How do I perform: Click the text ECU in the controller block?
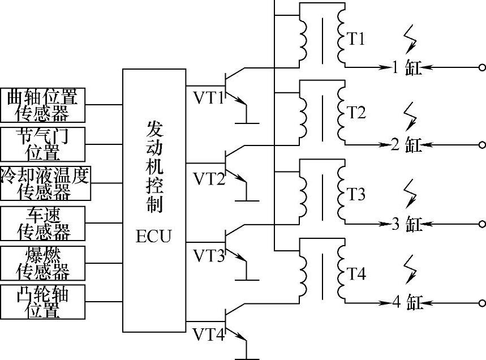click(x=153, y=236)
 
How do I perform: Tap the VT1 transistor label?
click(x=209, y=98)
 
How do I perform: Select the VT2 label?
click(x=209, y=179)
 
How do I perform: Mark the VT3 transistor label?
click(x=209, y=255)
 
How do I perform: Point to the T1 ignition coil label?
click(x=356, y=39)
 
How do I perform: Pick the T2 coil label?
click(x=356, y=112)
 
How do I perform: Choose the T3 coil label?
click(x=356, y=194)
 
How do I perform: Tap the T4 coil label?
click(x=356, y=275)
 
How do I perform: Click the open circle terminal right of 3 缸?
click(x=482, y=224)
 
